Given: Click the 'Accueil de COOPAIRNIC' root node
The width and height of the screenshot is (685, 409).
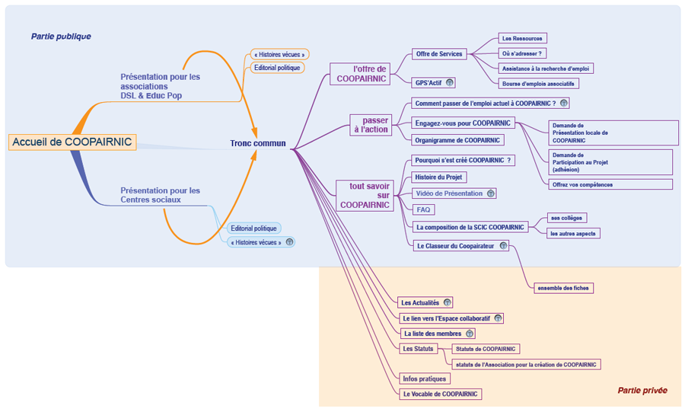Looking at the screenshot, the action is click(72, 142).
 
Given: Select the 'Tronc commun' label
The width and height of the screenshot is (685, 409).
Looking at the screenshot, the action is click(258, 143).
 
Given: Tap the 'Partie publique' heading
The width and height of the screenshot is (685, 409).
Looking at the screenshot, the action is click(61, 37).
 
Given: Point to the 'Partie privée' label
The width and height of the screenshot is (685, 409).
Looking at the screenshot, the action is click(642, 390).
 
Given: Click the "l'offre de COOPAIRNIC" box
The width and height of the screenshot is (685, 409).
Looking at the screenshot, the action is click(360, 74).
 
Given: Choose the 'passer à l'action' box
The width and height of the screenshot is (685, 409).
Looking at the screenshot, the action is click(371, 125).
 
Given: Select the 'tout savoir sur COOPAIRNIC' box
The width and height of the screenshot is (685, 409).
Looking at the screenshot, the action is click(365, 196).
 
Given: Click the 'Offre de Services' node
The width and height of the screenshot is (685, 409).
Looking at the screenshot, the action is click(439, 54).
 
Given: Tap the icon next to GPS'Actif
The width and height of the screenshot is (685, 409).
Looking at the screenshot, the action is click(450, 82).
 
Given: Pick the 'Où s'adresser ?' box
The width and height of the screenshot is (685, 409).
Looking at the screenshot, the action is click(522, 53).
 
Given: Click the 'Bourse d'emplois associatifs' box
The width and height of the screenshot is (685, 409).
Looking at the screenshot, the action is click(538, 84).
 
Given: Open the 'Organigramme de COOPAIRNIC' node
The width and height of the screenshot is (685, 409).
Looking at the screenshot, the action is click(457, 140).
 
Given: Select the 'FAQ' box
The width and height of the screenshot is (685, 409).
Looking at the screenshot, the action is click(423, 209).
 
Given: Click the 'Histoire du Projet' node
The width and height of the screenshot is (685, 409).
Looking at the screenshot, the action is click(439, 177).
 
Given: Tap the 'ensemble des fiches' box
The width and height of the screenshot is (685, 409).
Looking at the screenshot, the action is click(563, 288).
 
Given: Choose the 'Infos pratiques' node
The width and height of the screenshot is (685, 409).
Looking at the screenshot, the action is click(425, 379).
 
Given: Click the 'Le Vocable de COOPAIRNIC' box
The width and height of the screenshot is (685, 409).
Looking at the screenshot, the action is click(441, 394).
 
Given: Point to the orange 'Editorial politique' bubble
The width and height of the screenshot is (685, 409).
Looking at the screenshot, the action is click(277, 68).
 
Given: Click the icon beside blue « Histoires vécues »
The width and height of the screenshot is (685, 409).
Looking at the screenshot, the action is click(289, 242).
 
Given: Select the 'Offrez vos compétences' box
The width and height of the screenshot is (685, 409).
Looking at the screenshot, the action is click(610, 184).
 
